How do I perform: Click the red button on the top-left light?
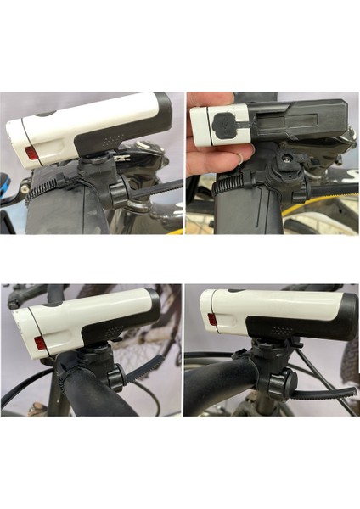tap(31, 154)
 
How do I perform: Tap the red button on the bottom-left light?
tap(40, 344)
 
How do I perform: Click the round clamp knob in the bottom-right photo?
tap(287, 386)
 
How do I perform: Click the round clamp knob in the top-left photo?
tap(117, 192)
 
